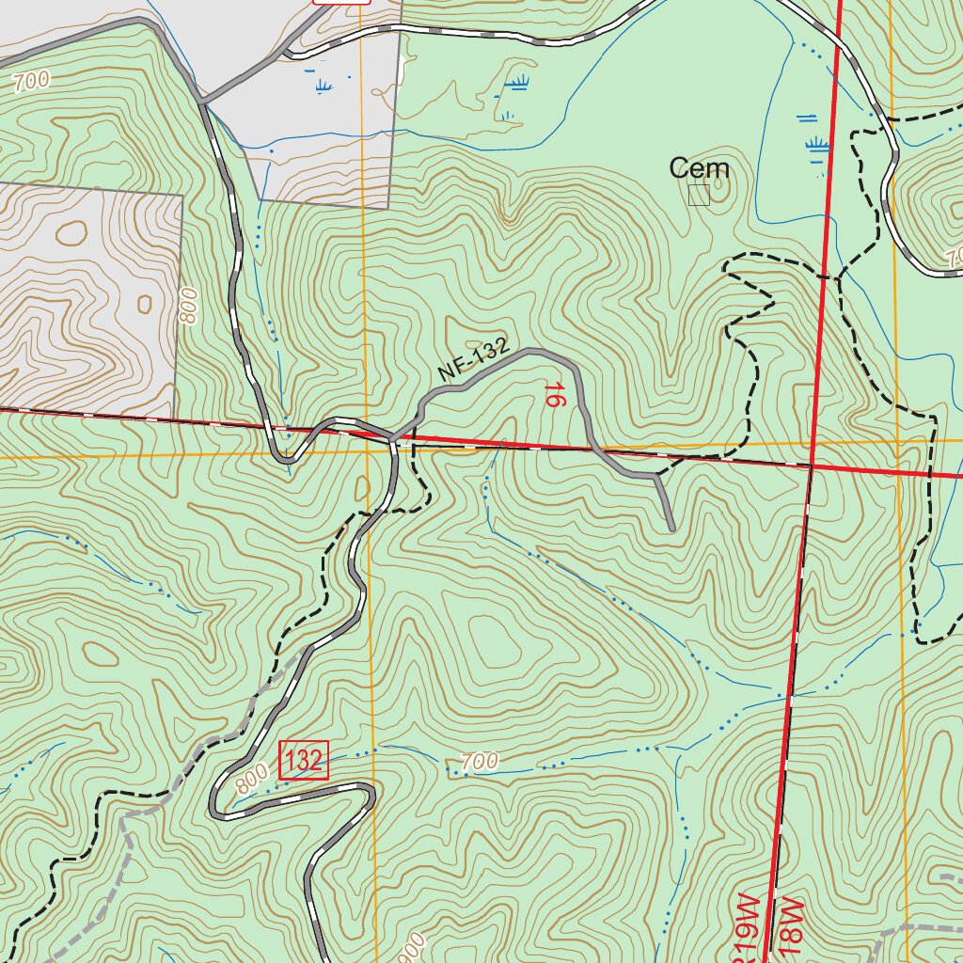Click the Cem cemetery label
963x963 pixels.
[x=699, y=168]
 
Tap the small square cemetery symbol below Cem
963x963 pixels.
[x=698, y=195]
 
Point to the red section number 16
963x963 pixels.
[x=555, y=394]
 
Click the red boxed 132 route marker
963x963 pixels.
[x=304, y=760]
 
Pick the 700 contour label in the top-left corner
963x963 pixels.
[x=31, y=83]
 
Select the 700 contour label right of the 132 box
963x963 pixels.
[x=480, y=762]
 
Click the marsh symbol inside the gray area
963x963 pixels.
[x=324, y=87]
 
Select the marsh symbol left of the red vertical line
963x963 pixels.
[x=817, y=146]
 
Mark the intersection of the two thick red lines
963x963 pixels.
[x=811, y=465]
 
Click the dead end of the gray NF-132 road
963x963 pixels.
[x=672, y=529]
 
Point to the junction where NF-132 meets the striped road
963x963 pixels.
[x=391, y=437]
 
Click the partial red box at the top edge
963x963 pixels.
[x=341, y=2]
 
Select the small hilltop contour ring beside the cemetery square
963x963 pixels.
[x=719, y=187]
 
